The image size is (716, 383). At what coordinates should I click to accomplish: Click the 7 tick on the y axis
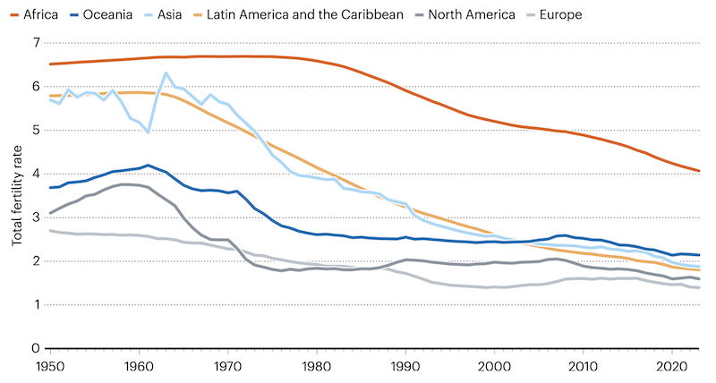pos(36,43)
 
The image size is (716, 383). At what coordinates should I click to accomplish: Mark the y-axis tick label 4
pos(36,174)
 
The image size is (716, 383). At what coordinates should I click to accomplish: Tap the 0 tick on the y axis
pos(36,349)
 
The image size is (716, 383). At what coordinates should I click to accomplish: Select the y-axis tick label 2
pos(36,261)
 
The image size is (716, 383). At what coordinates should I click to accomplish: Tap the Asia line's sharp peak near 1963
pos(166,73)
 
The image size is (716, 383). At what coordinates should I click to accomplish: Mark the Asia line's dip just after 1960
pos(148,132)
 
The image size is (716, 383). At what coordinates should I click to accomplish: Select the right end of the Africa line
pos(699,171)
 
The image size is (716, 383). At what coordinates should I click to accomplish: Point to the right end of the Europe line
pos(699,287)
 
